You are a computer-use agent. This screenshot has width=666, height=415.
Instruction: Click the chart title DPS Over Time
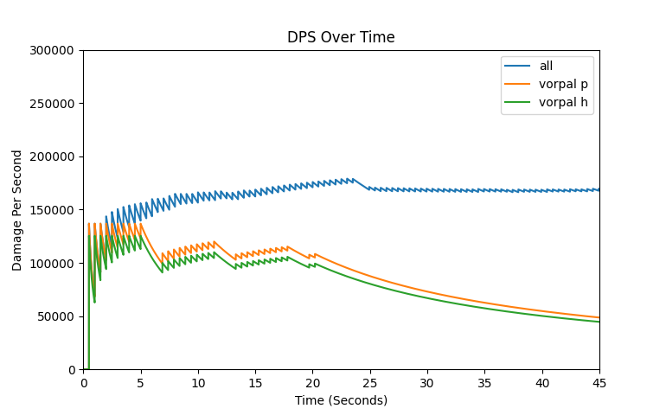341,37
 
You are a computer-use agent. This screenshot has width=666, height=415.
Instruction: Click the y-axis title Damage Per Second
17,210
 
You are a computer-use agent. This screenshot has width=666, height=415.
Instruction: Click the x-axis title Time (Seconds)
341,400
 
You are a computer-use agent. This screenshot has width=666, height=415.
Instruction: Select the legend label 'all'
546,66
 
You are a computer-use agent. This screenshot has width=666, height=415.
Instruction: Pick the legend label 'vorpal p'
563,84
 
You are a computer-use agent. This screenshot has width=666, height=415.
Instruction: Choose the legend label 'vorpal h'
563,102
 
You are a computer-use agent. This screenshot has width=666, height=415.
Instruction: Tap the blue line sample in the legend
518,66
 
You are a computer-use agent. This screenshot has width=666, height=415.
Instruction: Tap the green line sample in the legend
518,102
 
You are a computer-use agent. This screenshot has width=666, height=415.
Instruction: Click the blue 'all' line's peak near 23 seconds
352,179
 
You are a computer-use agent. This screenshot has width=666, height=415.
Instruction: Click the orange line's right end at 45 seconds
599,317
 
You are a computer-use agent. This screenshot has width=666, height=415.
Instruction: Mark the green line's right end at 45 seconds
599,322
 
